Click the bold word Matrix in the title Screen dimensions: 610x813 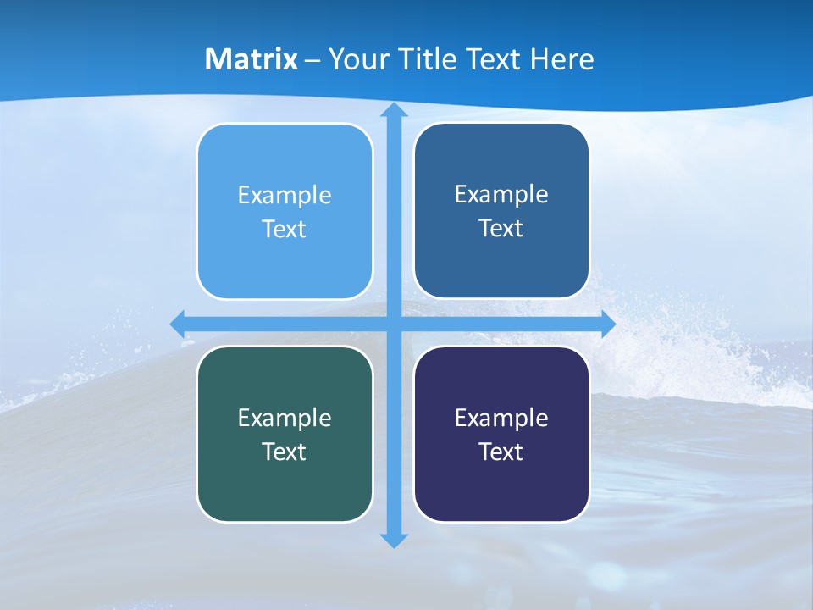252,59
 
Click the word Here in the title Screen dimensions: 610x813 562,59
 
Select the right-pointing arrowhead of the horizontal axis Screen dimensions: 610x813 607,324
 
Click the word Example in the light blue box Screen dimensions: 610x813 285,196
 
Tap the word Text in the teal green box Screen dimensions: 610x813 285,452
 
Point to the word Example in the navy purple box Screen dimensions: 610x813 501,418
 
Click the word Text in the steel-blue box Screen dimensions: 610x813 501,229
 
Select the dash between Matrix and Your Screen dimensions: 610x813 312,60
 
